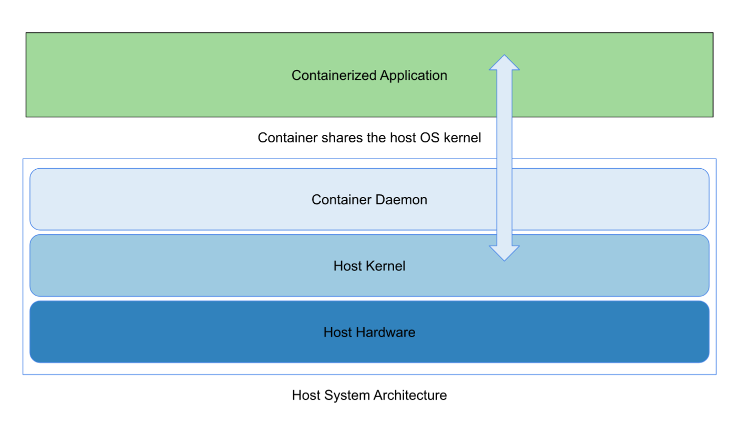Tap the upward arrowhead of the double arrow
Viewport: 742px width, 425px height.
(x=504, y=63)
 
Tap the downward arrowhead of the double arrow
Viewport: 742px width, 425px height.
(x=504, y=253)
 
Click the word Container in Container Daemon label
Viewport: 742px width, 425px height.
(x=342, y=200)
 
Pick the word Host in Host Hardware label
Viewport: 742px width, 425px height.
(x=337, y=333)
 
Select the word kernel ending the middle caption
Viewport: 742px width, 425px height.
(x=462, y=138)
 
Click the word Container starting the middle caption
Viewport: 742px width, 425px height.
(x=287, y=138)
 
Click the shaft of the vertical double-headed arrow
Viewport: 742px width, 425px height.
(x=504, y=158)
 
